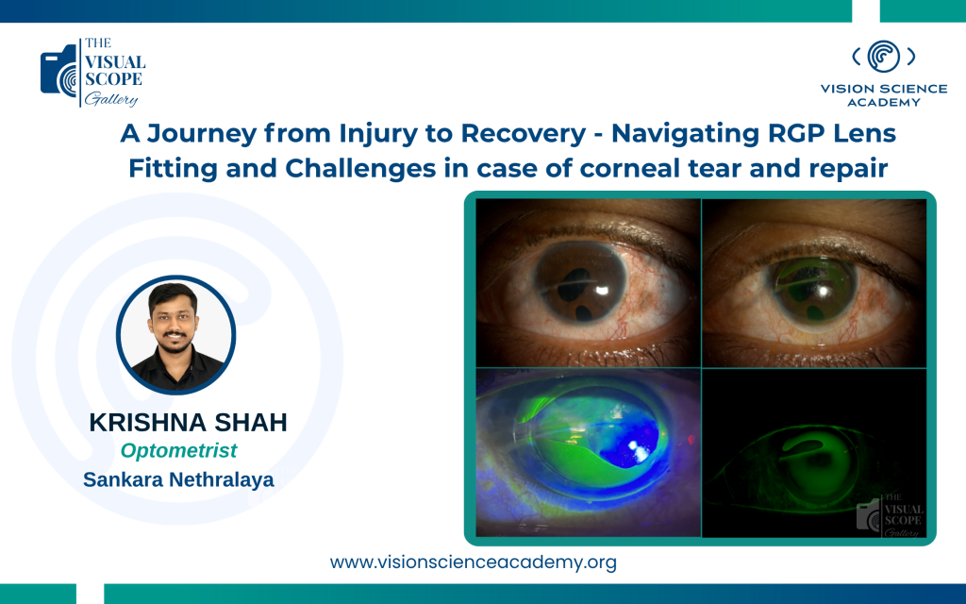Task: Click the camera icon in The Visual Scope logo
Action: pos(59,72)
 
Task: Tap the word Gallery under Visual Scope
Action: pos(111,98)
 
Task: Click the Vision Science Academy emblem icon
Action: pos(883,56)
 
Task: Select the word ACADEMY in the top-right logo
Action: pos(883,102)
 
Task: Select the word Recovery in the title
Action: pos(524,134)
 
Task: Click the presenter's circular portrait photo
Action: pos(176,335)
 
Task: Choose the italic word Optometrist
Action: pos(178,450)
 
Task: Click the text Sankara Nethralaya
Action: pos(178,479)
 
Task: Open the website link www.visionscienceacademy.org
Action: pos(474,562)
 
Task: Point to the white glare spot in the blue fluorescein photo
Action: pos(638,450)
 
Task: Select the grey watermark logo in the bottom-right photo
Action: pos(891,514)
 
